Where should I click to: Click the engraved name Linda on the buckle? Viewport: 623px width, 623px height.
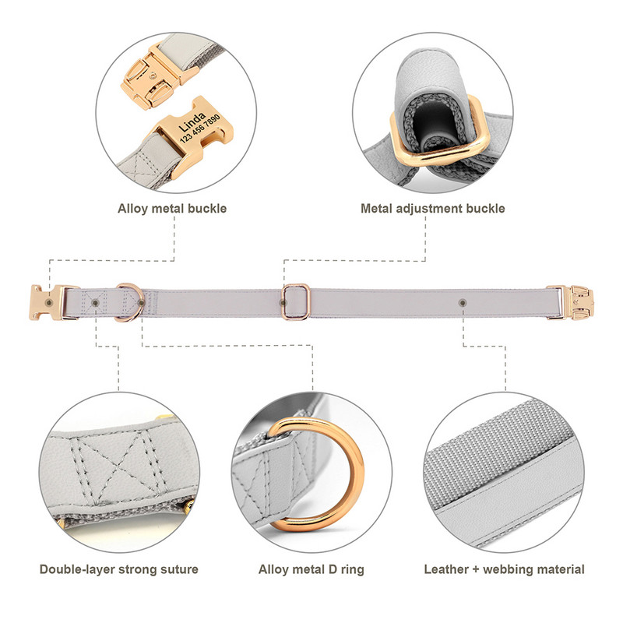coord(192,121)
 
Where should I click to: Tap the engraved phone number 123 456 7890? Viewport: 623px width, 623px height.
coord(200,128)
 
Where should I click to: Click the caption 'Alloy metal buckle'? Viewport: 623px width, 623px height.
coord(172,209)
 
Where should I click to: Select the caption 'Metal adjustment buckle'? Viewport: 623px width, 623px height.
coord(433,209)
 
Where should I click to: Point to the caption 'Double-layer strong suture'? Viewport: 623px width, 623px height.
coord(119,569)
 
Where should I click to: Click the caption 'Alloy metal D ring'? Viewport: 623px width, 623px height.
coord(311,569)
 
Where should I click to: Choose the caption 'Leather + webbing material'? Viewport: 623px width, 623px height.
coord(504,569)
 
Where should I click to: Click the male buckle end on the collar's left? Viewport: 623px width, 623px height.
coord(46,302)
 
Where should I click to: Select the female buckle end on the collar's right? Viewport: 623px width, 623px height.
coord(571,302)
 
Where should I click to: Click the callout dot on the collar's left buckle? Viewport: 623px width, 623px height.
coord(49,303)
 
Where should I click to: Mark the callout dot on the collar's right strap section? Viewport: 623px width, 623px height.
coord(463,303)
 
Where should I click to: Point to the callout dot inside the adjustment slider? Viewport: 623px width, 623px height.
coord(283,303)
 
